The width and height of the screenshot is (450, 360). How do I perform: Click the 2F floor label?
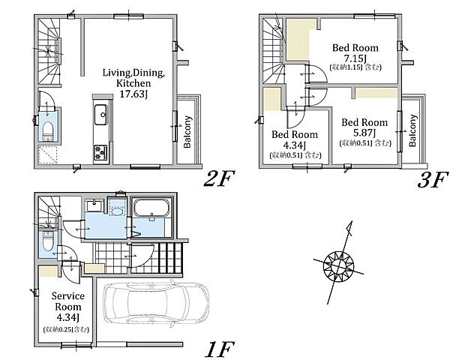click(x=219, y=178)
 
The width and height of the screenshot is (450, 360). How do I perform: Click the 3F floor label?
click(x=433, y=179)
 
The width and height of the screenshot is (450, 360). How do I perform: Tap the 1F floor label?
click(x=219, y=349)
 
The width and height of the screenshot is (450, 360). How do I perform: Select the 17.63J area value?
click(x=133, y=94)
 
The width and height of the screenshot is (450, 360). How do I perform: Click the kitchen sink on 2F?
click(x=100, y=115)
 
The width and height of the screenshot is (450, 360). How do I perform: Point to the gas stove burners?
click(x=100, y=152)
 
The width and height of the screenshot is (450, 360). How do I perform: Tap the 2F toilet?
click(x=48, y=131)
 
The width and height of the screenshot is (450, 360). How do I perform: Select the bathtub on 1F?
click(x=151, y=208)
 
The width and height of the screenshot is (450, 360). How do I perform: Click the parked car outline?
click(x=156, y=304)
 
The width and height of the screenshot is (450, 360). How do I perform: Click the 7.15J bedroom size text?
click(x=355, y=58)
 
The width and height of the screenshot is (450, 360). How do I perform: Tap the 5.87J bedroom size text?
click(x=364, y=133)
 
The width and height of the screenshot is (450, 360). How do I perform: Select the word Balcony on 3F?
click(x=412, y=130)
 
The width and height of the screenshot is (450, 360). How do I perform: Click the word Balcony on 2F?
click(x=187, y=132)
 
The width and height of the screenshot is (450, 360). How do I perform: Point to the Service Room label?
click(x=68, y=301)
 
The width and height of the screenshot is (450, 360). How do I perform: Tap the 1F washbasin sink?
click(x=94, y=205)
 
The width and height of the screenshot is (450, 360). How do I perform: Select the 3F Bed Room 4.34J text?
click(x=295, y=140)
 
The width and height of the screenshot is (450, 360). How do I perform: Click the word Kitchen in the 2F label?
click(x=133, y=83)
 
